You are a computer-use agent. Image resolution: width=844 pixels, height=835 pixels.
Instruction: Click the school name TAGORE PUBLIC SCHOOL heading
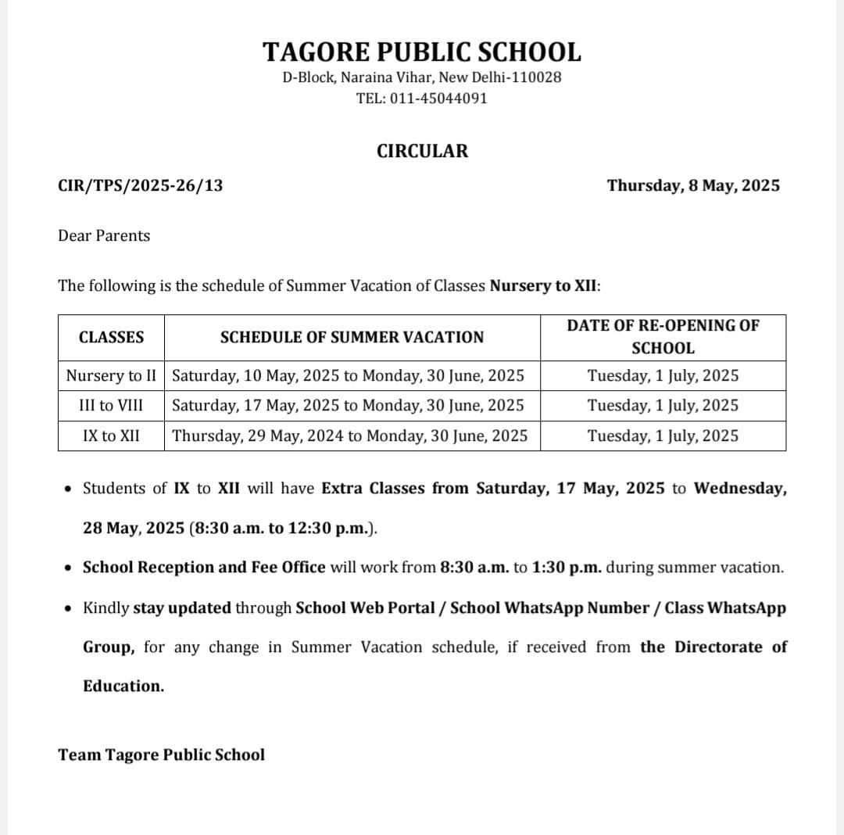pyautogui.click(x=422, y=52)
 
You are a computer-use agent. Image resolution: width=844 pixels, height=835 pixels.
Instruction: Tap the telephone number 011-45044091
pyautogui.click(x=443, y=99)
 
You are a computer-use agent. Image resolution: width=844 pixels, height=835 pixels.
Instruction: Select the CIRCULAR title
pyautogui.click(x=422, y=151)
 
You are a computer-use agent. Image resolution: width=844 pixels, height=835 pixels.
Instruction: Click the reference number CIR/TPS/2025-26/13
pyautogui.click(x=141, y=185)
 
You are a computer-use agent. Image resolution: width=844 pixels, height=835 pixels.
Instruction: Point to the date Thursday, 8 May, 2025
pyautogui.click(x=693, y=185)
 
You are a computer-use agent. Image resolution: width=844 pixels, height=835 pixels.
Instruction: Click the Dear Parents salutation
pyautogui.click(x=104, y=235)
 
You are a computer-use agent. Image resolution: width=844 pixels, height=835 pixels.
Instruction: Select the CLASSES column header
pyautogui.click(x=111, y=337)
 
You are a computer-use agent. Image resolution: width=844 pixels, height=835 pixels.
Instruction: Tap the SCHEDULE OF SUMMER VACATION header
pyautogui.click(x=352, y=337)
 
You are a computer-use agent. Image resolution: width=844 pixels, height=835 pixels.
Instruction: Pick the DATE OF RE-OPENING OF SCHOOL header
pyautogui.click(x=663, y=336)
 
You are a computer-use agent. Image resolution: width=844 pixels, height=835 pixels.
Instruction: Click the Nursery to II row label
pyautogui.click(x=111, y=375)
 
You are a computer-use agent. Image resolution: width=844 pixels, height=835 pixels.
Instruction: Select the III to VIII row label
pyautogui.click(x=111, y=405)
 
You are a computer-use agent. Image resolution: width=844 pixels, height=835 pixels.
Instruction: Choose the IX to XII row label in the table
pyautogui.click(x=111, y=435)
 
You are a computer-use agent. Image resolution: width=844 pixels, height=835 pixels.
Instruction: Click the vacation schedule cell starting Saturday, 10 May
pyautogui.click(x=348, y=375)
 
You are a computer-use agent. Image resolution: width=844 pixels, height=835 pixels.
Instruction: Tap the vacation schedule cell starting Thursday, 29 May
pyautogui.click(x=349, y=435)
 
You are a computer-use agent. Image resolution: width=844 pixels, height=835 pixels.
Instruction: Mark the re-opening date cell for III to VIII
pyautogui.click(x=663, y=405)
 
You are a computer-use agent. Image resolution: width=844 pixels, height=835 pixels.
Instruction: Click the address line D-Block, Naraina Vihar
pyautogui.click(x=422, y=77)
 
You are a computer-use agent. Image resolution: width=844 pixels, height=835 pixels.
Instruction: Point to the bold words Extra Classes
pyautogui.click(x=374, y=488)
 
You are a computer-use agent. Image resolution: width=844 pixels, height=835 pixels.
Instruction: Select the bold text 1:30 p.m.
pyautogui.click(x=567, y=567)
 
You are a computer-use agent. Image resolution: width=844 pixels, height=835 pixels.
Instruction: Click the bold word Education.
pyautogui.click(x=123, y=686)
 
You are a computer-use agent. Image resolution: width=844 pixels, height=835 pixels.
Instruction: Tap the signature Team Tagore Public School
pyautogui.click(x=161, y=754)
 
